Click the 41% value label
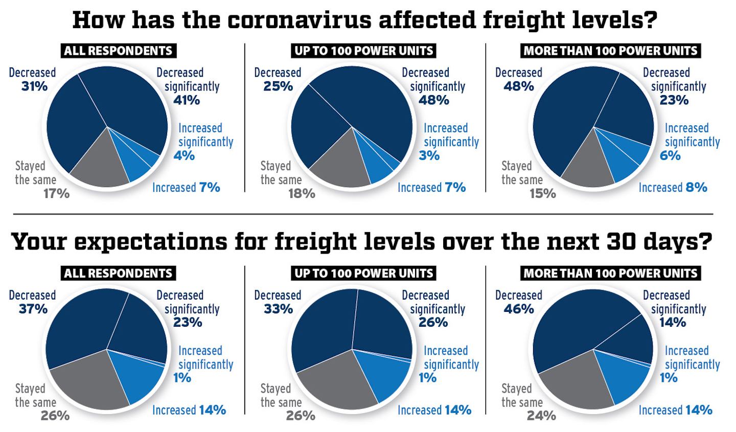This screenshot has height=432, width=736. tap(187, 100)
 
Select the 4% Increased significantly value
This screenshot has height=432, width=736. tap(184, 155)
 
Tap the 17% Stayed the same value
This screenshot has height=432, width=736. tap(56, 194)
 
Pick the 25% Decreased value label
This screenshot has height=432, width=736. tap(278, 86)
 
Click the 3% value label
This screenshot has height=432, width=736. tap(429, 155)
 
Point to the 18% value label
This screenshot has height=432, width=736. tap(302, 194)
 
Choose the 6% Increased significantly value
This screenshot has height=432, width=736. tap(670, 155)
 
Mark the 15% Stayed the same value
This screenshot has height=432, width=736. tap(542, 194)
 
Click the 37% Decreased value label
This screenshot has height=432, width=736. tap(33, 309)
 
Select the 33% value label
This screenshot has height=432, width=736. tap(279, 309)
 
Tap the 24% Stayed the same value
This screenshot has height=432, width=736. tap(541, 416)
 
